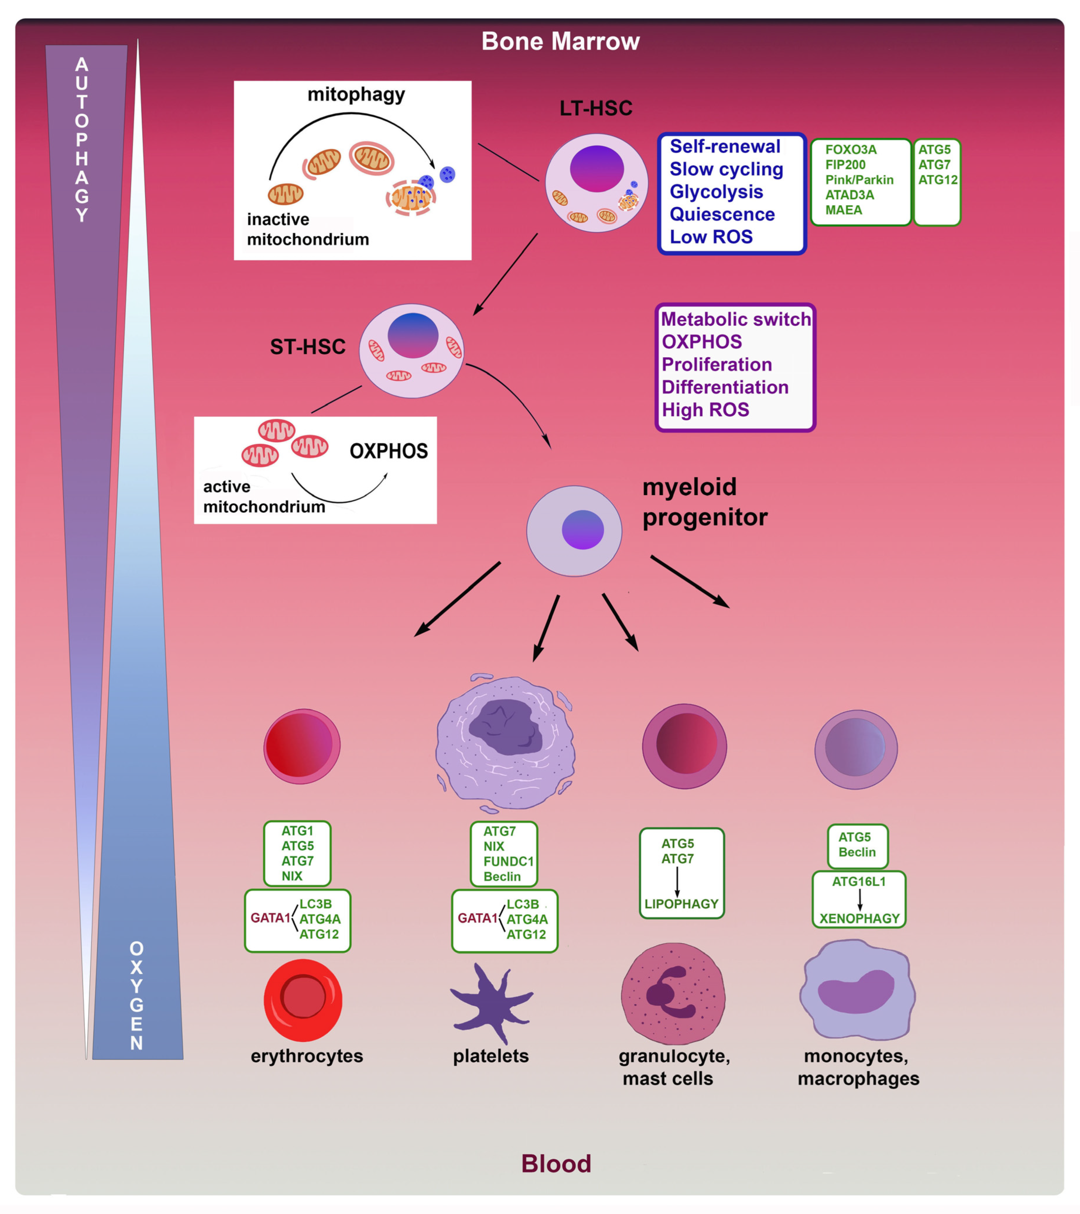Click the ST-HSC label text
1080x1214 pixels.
point(308,347)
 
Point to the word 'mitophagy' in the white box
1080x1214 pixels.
point(356,94)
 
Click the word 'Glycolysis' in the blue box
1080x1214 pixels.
point(716,192)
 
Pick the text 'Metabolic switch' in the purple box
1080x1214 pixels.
point(735,319)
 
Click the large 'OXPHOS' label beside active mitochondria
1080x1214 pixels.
point(388,451)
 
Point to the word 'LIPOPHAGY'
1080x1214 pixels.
point(681,904)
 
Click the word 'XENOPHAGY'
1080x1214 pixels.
point(859,918)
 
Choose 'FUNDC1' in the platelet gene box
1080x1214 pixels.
point(508,861)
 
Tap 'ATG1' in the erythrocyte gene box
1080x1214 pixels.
point(297,831)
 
